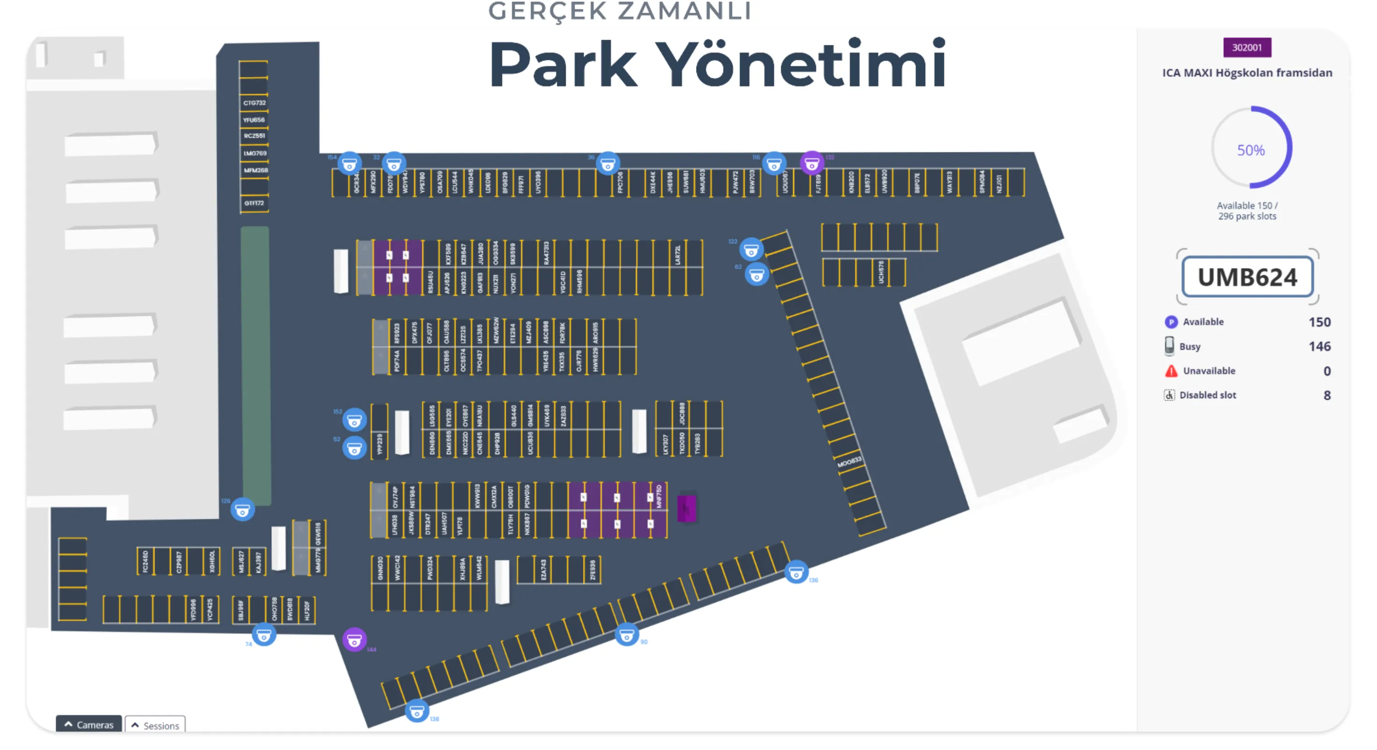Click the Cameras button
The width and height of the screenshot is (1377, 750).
pos(89,724)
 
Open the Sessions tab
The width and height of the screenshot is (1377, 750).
pos(155,725)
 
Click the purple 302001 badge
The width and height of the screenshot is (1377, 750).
pos(1247,47)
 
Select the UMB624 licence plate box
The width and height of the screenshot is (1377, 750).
pos(1247,277)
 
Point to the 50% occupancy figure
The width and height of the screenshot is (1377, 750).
pos(1251,150)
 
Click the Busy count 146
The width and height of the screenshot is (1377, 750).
pos(1319,346)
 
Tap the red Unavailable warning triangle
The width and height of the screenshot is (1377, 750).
pos(1171,371)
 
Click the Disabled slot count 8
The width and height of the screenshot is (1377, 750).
pos(1326,395)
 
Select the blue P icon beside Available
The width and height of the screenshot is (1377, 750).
pos(1171,322)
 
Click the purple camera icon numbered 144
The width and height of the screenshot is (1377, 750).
pos(354,639)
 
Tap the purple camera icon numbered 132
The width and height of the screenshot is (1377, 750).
pos(811,163)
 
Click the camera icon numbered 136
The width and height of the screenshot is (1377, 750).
pos(795,572)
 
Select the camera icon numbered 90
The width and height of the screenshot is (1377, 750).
pos(626,635)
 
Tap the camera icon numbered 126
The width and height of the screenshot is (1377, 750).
pos(242,510)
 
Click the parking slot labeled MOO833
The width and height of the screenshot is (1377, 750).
pos(849,462)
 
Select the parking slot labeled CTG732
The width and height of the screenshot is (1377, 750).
pos(254,103)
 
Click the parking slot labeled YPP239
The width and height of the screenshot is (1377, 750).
pos(380,444)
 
